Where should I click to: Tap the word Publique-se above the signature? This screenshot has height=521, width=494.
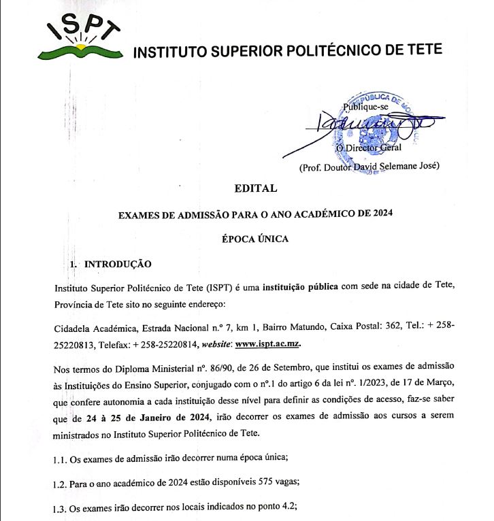[x=366, y=107]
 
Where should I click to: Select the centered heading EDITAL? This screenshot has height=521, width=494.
[x=255, y=188]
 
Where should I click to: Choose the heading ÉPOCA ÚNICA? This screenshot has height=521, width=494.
[x=255, y=239]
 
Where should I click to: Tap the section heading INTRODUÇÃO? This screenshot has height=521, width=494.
[x=117, y=264]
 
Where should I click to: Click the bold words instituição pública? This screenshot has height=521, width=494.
[x=300, y=286]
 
